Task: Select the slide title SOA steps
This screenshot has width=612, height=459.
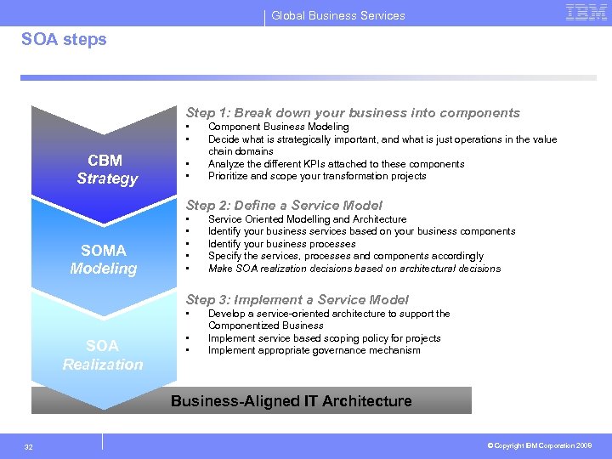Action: click(x=64, y=40)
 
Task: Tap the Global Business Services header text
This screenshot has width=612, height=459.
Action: click(x=338, y=15)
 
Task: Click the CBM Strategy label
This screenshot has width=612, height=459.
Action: click(x=106, y=169)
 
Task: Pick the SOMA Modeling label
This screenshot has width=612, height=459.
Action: click(x=104, y=259)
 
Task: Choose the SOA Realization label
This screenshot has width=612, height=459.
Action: click(x=103, y=354)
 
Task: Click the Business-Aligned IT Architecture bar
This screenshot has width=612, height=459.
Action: click(x=291, y=400)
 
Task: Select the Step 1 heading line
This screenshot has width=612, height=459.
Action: click(x=353, y=113)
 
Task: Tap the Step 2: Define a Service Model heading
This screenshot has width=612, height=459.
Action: click(x=284, y=205)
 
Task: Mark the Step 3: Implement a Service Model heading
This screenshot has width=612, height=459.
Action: click(x=297, y=299)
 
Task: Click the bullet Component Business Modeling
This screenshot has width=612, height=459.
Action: click(x=278, y=127)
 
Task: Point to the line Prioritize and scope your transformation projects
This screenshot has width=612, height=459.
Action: click(x=317, y=176)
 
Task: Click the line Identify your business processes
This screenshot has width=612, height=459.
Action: click(x=281, y=243)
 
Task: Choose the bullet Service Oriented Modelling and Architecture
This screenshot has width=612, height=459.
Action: click(x=307, y=218)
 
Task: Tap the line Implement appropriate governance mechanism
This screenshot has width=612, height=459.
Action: click(x=314, y=350)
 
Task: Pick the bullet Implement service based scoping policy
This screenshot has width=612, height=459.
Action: click(x=324, y=337)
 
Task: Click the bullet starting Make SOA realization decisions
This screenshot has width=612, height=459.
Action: click(x=354, y=269)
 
